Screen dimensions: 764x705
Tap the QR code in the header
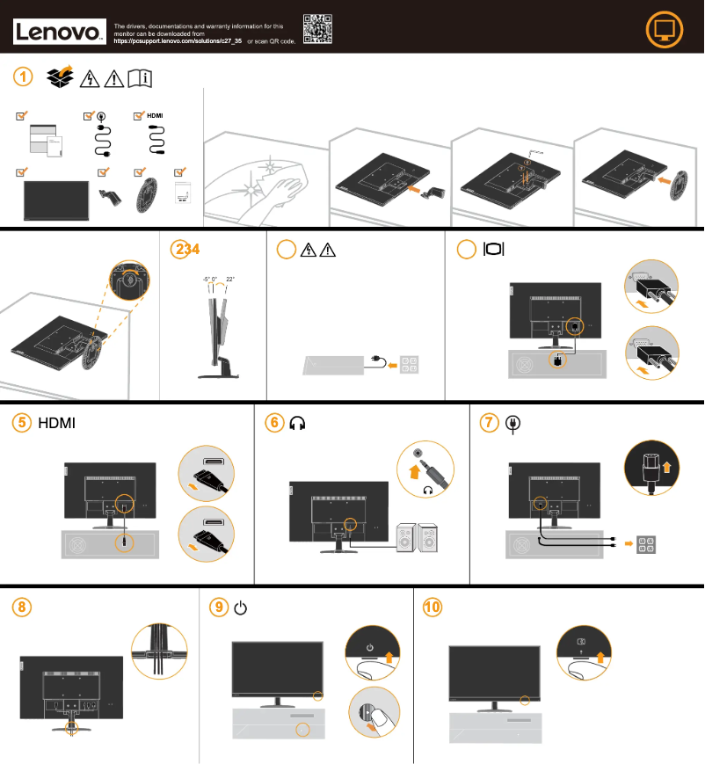(x=317, y=29)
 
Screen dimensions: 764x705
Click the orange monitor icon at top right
(x=664, y=30)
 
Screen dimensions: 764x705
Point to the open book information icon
(x=140, y=79)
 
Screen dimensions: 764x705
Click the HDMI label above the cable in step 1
(x=155, y=115)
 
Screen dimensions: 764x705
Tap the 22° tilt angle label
(x=230, y=279)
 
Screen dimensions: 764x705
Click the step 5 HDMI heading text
(x=57, y=423)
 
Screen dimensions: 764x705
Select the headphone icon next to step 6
(x=297, y=423)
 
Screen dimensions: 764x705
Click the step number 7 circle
(x=490, y=423)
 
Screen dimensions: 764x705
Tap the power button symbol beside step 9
(x=241, y=608)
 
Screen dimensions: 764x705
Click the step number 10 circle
(x=432, y=608)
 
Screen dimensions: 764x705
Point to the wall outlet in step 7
(x=645, y=544)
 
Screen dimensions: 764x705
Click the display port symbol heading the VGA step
(x=494, y=250)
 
